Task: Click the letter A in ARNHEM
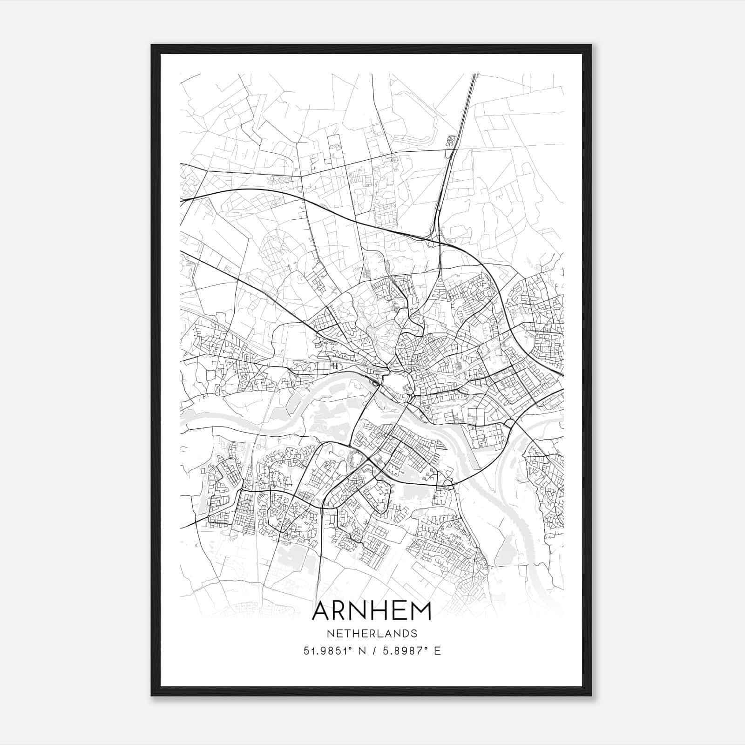click(322, 611)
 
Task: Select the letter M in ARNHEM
click(420, 611)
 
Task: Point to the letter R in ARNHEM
click(341, 611)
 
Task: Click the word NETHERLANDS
click(372, 633)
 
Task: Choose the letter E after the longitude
click(437, 651)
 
